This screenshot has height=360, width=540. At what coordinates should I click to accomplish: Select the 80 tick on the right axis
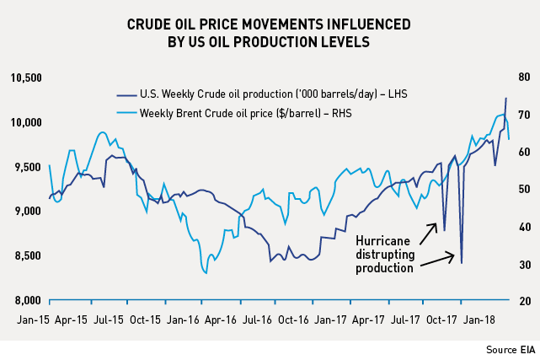(523, 78)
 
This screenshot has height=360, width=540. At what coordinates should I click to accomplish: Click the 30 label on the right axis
(523, 265)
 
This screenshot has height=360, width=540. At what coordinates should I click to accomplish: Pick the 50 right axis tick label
(523, 190)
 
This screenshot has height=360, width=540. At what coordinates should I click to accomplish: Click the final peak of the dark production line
(505, 98)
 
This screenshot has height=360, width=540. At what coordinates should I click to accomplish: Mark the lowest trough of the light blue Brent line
(206, 272)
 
